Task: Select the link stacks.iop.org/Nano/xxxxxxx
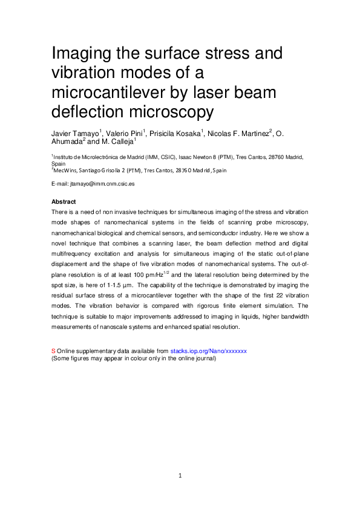[208, 351]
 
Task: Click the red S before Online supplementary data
[53, 351]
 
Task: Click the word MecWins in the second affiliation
[65, 170]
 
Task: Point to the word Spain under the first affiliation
[59, 163]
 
